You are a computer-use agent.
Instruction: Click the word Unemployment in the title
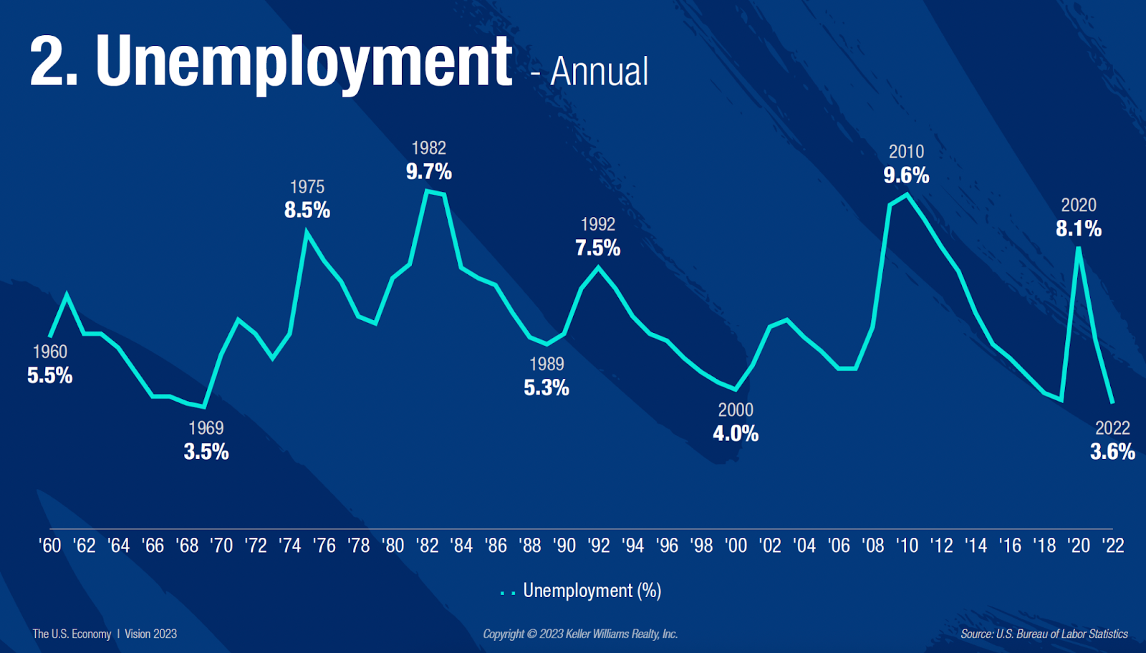click(304, 63)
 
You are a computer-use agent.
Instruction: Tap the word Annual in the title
click(599, 72)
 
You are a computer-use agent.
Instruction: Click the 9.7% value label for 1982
click(429, 172)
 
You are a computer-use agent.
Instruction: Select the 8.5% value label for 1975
click(307, 211)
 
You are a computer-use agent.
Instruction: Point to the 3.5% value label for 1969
click(206, 452)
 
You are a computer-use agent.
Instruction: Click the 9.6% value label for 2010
click(906, 175)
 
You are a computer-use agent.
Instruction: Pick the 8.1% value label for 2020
click(1079, 229)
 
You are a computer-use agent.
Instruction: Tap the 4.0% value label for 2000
click(736, 434)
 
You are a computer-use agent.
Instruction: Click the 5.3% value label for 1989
click(546, 388)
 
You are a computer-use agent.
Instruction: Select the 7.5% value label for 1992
click(598, 248)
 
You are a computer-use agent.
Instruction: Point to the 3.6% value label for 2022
click(1112, 452)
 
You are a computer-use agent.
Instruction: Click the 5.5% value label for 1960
click(50, 376)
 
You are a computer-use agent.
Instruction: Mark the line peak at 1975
click(307, 231)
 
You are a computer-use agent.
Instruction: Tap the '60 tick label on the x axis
click(50, 546)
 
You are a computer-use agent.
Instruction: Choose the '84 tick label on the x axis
click(462, 546)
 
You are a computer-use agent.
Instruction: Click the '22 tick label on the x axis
click(1113, 546)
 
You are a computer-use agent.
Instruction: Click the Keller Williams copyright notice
click(580, 634)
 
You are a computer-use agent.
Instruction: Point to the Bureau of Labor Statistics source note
click(1044, 634)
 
